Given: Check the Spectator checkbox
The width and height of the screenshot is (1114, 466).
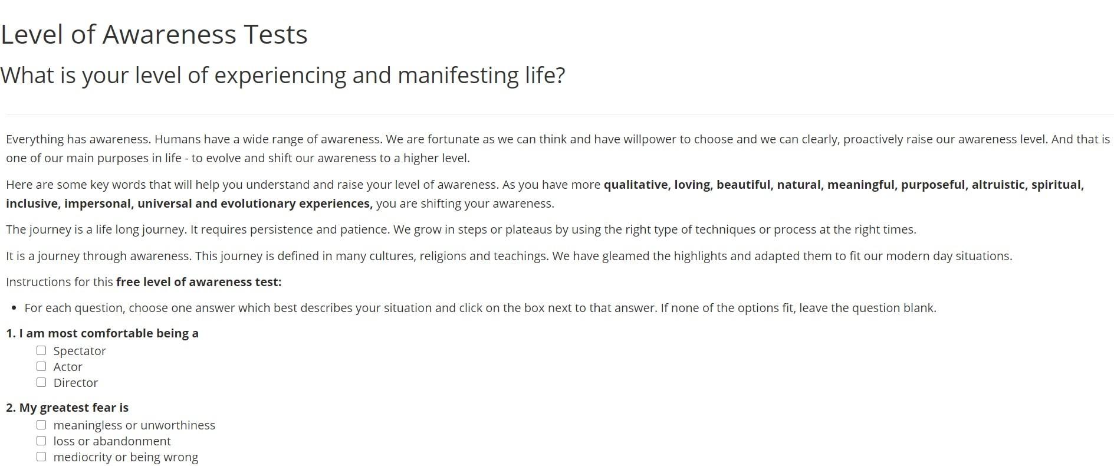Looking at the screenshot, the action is coord(41,350).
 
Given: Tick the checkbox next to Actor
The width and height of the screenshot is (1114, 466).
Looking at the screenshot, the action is coord(41,366).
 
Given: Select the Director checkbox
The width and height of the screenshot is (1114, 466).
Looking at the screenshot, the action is coord(41,382).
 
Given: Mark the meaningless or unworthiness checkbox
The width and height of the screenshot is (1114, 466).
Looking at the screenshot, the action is coord(41,425).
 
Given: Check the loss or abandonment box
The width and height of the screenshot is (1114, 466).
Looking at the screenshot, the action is coord(41,441).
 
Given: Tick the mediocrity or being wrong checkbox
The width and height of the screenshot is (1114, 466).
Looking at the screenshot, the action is coord(41,457).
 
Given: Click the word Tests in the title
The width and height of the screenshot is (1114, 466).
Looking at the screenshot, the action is coord(275,35).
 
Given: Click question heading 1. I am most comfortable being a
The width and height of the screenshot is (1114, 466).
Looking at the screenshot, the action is coord(102,333).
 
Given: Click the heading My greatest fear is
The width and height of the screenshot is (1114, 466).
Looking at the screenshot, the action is coord(74,408).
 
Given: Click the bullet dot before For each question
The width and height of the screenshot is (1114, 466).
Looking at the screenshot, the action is coord(14,309).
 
